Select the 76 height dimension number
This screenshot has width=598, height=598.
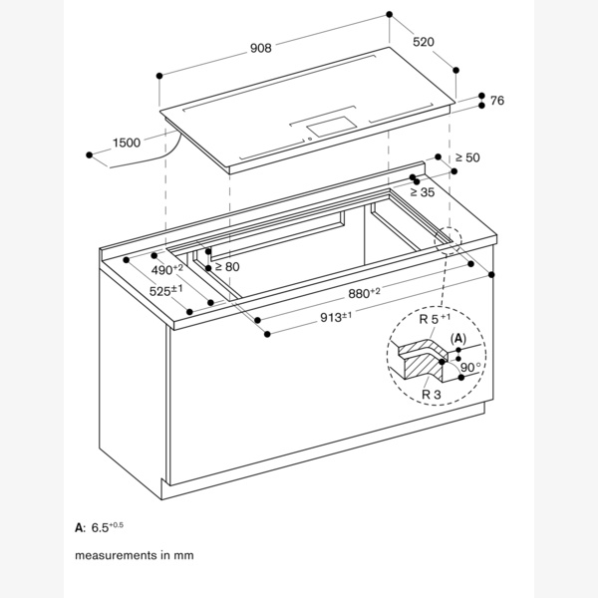(x=497, y=100)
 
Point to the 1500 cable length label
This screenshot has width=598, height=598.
(x=126, y=143)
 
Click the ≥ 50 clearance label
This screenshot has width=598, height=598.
(x=467, y=157)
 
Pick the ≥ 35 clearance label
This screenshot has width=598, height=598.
(x=423, y=192)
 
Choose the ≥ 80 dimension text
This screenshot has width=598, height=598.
(x=227, y=266)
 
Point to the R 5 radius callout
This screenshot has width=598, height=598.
(x=431, y=320)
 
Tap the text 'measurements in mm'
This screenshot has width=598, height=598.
(x=133, y=553)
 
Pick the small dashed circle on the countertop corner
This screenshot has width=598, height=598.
(x=447, y=240)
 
